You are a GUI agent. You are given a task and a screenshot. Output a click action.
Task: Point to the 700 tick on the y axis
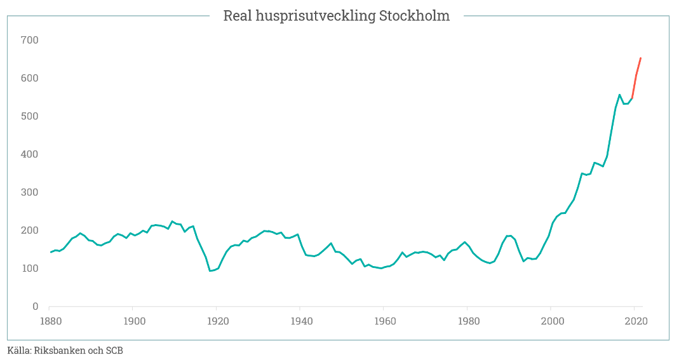click(30, 40)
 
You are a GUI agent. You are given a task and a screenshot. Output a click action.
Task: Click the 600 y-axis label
click(30, 78)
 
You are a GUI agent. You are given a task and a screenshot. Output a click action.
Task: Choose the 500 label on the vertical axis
click(30, 116)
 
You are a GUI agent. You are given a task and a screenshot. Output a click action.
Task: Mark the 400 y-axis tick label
click(30, 154)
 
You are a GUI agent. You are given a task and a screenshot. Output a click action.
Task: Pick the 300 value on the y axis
click(30, 192)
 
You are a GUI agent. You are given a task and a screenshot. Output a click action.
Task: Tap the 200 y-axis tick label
click(30, 230)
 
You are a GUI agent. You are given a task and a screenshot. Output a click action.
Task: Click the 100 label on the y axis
click(30, 269)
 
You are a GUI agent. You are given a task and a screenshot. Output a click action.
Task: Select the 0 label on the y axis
click(36, 307)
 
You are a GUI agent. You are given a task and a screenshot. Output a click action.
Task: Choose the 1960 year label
click(384, 321)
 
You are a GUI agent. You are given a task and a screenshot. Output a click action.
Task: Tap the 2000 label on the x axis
click(551, 321)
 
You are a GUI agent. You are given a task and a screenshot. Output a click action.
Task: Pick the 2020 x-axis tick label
click(635, 321)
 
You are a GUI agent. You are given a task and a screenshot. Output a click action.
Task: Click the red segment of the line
click(636, 75)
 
